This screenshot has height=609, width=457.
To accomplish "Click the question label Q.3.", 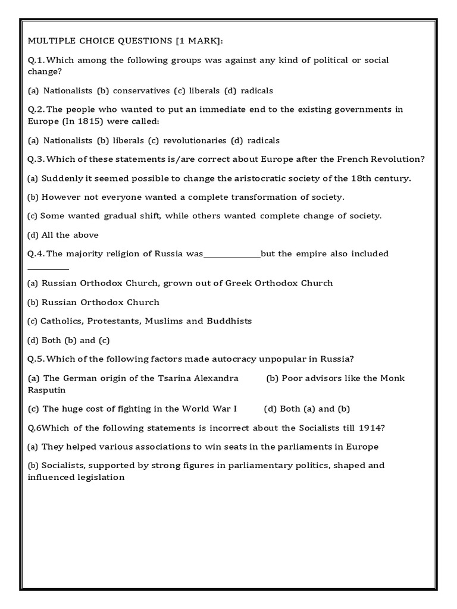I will [x=36, y=159].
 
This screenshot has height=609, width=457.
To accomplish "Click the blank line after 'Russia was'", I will [x=232, y=256].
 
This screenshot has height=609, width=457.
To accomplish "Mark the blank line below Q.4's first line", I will [x=48, y=269].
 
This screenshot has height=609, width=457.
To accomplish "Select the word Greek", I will [x=239, y=282].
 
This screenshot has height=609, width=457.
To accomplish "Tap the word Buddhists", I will [x=229, y=321].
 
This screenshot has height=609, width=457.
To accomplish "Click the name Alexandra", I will [x=217, y=378].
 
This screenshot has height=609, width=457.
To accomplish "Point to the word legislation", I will [x=101, y=477].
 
